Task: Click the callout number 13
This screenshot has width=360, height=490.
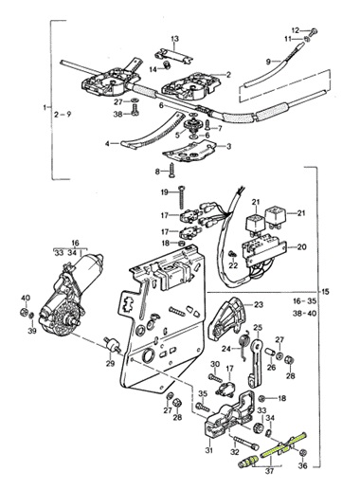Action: click(174, 39)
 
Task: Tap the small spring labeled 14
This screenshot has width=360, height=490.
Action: click(165, 65)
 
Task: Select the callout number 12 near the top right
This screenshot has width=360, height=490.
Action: click(296, 30)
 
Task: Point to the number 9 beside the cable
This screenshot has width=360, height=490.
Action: click(268, 62)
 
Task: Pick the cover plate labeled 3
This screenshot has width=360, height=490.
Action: click(189, 152)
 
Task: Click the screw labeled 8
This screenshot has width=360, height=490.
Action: click(171, 170)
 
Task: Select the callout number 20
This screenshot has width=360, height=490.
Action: click(302, 246)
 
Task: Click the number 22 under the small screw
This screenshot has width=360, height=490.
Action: click(233, 265)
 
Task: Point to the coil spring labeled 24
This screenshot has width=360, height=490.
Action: click(245, 345)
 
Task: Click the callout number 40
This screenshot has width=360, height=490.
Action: click(26, 298)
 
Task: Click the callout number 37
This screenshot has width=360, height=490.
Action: click(269, 471)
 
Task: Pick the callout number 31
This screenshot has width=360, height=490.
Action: click(209, 450)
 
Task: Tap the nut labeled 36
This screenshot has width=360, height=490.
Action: click(302, 452)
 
